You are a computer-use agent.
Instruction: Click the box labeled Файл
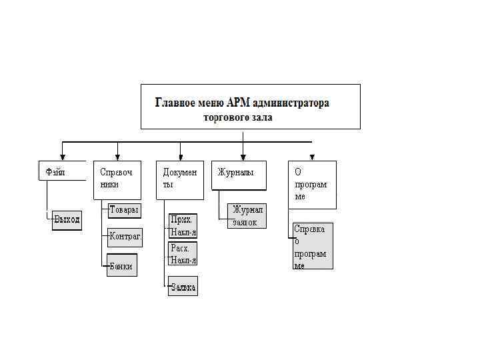coord(62,171)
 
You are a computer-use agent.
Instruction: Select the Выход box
coord(67,219)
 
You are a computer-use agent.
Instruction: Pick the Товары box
coord(125,210)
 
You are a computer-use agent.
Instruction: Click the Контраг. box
coord(125,237)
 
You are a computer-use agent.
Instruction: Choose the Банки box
coord(122,265)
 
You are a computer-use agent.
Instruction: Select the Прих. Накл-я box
coord(183,225)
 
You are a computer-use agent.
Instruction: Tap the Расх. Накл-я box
coord(183,253)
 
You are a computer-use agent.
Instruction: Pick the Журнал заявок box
coord(247,216)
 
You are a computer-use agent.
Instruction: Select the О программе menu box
coord(312,185)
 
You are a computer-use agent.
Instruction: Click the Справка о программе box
coord(312,246)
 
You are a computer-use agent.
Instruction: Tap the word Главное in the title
coord(176,103)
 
